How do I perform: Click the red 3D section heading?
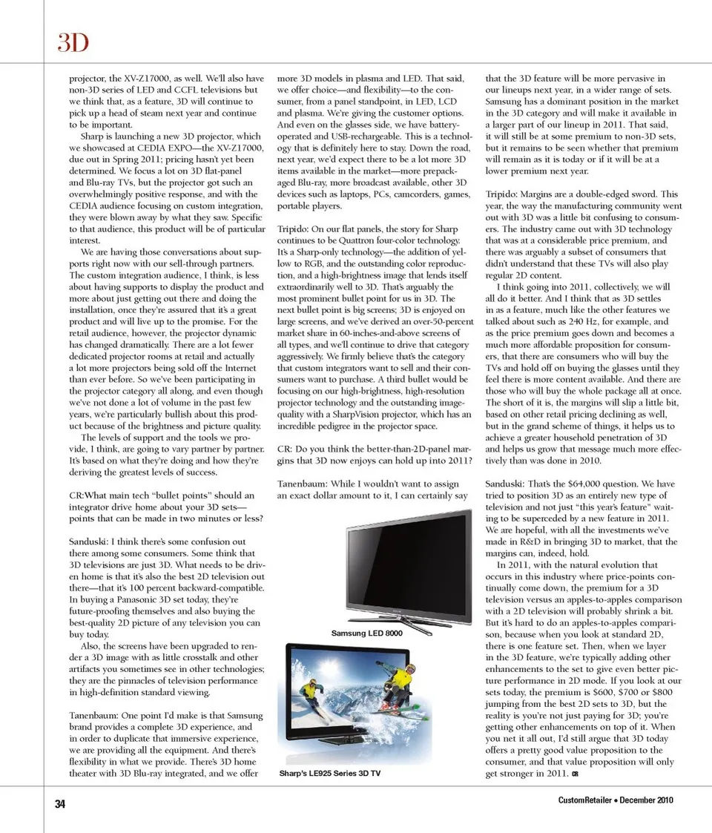[73, 44]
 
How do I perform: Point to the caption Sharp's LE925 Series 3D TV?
[330, 773]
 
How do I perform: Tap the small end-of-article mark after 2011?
[576, 774]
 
